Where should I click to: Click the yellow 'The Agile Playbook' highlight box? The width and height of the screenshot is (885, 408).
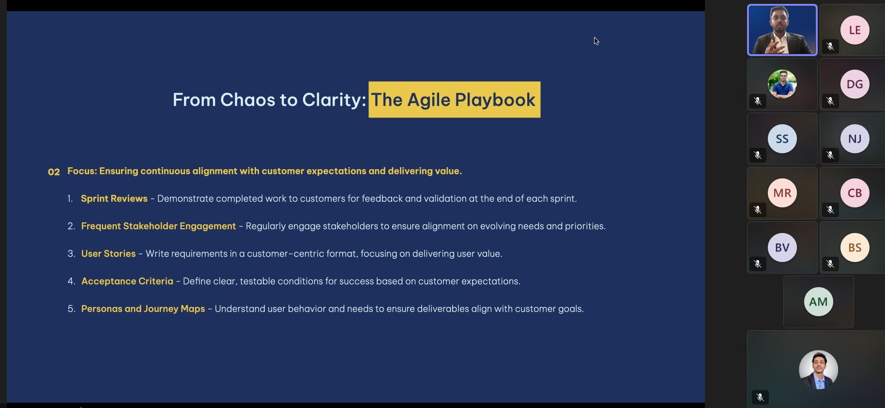pos(454,100)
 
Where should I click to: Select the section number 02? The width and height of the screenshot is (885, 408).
pos(54,172)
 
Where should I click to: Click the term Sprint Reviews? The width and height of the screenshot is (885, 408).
pos(114,199)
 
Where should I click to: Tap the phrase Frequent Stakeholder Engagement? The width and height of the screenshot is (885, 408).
pos(158,226)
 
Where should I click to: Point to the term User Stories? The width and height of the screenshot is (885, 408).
pos(108,254)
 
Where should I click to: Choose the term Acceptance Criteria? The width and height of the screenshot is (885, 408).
pos(127,281)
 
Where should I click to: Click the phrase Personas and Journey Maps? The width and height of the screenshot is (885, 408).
pos(143,309)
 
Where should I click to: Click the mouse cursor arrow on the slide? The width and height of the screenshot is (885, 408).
pos(596,41)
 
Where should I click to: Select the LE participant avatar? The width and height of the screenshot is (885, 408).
pos(854,30)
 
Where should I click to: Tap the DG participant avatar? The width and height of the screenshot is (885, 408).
pos(854,84)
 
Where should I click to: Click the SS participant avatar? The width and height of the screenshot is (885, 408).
pos(782,139)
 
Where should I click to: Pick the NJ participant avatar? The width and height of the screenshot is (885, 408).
pos(854,139)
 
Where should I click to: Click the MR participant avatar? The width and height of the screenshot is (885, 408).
pos(782,193)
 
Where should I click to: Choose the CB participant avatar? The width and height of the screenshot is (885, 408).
pos(854,193)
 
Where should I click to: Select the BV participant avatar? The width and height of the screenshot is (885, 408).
pos(782,248)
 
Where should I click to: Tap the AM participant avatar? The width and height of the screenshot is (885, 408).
pos(818,302)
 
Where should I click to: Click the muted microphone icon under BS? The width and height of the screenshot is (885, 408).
pos(830,264)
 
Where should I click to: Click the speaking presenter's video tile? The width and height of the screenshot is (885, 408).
pos(782,30)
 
